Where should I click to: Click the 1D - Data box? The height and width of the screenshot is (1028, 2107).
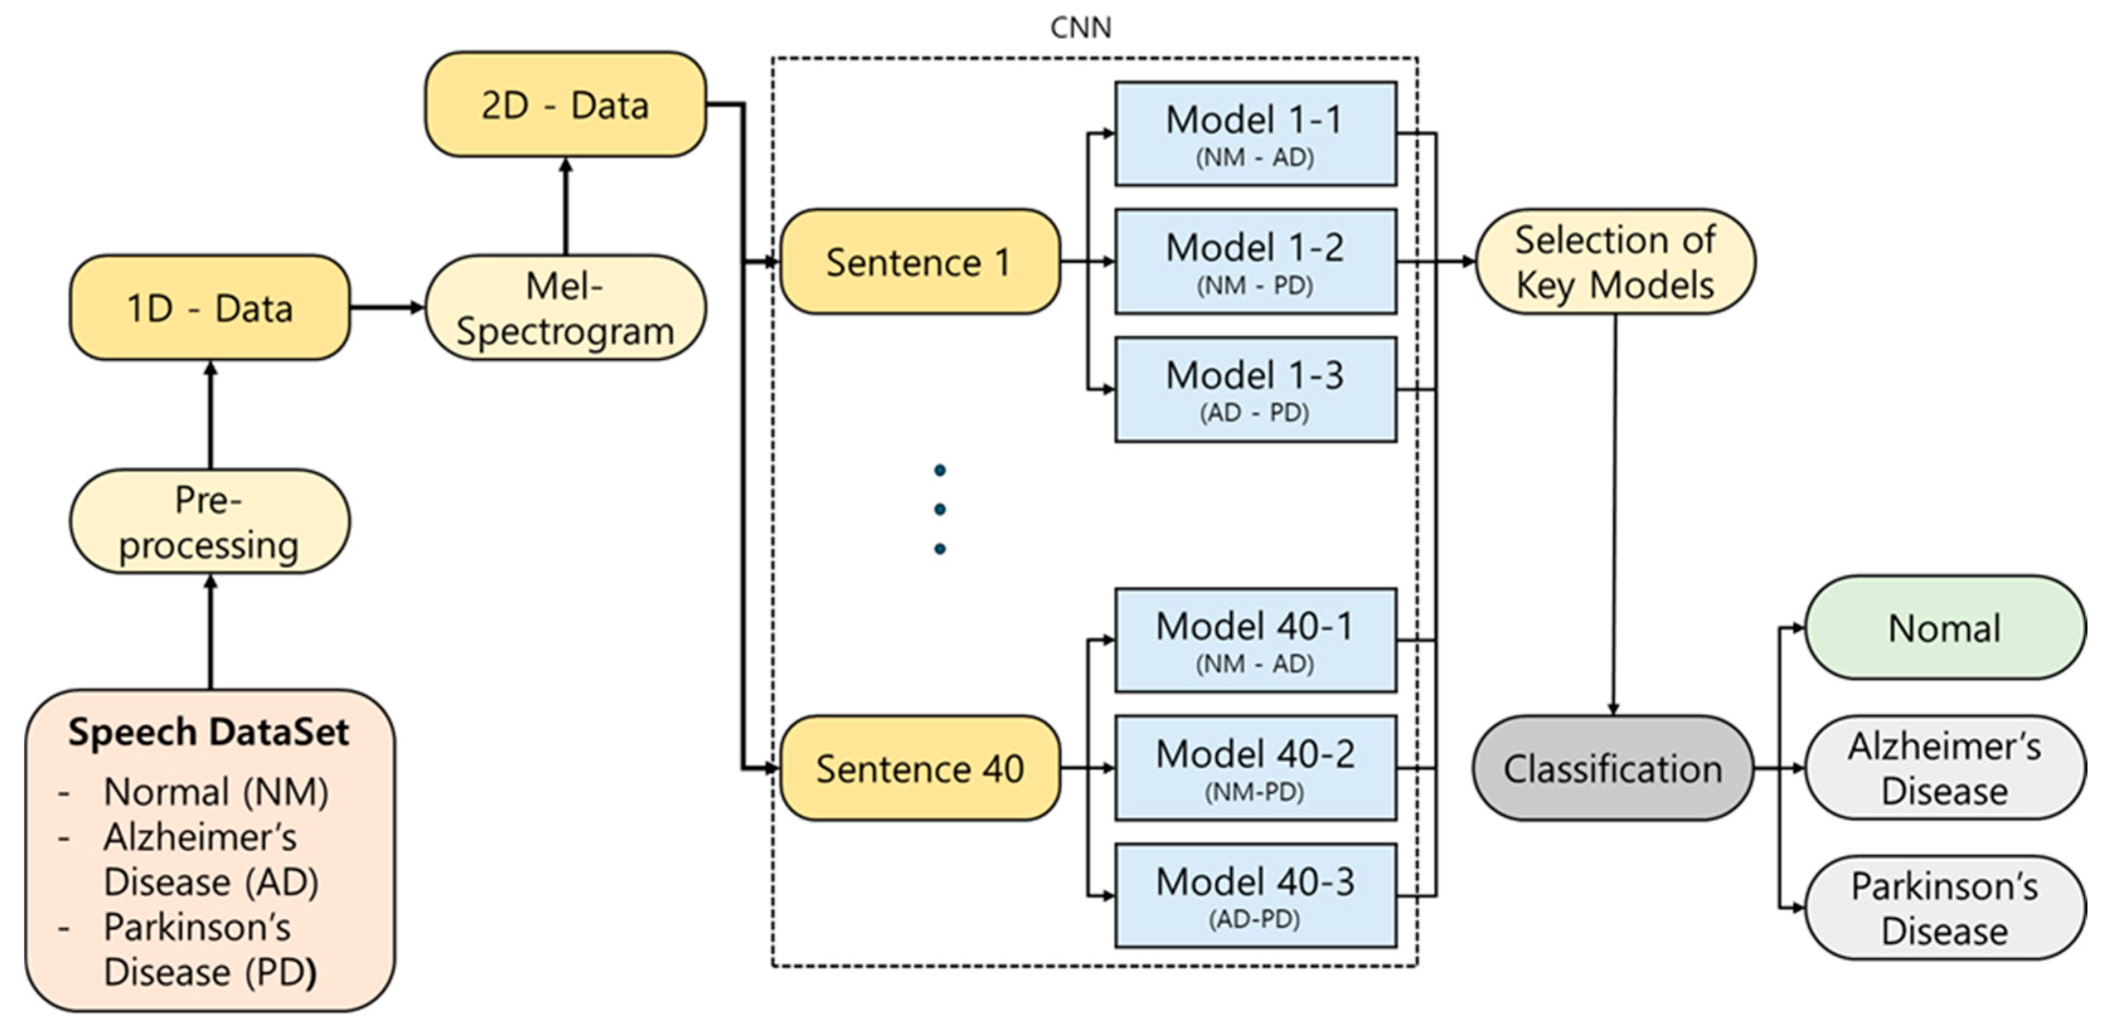pos(210,308)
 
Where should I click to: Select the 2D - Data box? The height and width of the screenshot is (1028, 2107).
pos(564,104)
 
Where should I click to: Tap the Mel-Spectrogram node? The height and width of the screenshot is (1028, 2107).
pos(564,308)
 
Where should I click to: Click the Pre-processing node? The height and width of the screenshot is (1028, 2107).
pos(210,522)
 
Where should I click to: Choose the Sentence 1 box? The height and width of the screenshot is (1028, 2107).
pos(919,262)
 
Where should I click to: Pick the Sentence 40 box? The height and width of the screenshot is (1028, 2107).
pos(919,769)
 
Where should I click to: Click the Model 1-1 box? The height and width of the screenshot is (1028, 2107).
pos(1255,133)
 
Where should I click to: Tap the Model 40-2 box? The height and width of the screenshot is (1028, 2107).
pos(1255,767)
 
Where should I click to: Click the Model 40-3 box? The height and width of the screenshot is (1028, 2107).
pos(1255,896)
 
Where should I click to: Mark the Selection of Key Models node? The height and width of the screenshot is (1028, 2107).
pos(1615,262)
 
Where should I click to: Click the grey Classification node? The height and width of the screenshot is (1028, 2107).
pos(1613,769)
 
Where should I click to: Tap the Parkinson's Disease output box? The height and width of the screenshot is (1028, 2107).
pos(1945,908)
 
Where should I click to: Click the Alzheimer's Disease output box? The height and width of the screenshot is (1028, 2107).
pos(1945,768)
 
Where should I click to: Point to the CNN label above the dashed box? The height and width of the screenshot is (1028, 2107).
pos(1081,28)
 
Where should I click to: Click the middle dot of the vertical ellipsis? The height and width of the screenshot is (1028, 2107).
pos(940,509)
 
